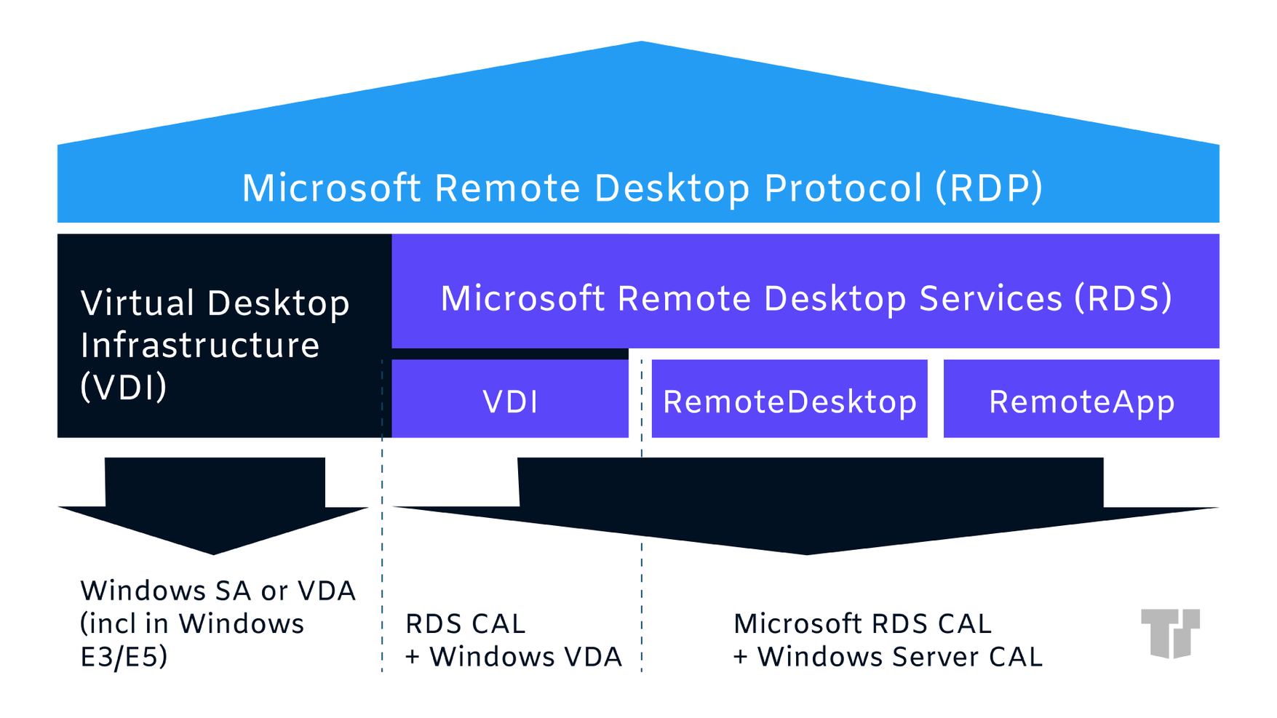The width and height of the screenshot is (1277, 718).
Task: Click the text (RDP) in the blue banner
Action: point(989,188)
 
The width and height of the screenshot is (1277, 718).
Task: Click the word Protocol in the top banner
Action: point(843,188)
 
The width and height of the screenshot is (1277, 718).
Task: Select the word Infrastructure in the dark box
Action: point(200,345)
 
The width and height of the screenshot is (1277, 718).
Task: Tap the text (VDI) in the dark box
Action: point(124,387)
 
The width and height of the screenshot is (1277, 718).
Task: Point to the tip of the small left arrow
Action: point(213,553)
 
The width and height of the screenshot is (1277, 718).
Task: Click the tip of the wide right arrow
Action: point(806,553)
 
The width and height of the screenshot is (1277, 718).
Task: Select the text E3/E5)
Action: point(124,657)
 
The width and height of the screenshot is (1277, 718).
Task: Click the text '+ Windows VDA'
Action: point(513,657)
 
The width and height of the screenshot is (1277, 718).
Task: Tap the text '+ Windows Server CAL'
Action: point(887,657)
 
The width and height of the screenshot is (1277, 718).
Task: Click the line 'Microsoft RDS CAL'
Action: point(862,623)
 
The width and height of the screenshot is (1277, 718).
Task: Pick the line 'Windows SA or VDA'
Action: point(218,591)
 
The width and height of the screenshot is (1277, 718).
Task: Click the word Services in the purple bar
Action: point(990,298)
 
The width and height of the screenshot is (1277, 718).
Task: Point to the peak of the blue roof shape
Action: point(640,44)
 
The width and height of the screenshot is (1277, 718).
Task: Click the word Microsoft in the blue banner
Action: point(331,188)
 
